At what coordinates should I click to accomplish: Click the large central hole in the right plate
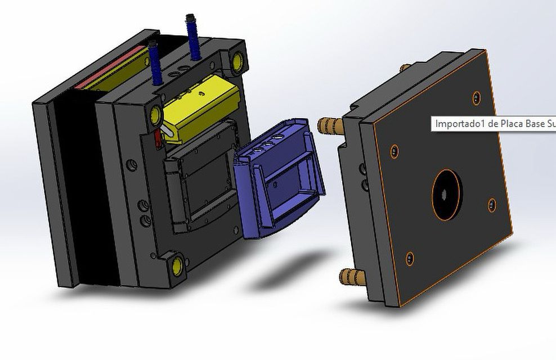(x=447, y=195)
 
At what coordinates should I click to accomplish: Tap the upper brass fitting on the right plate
(x=330, y=126)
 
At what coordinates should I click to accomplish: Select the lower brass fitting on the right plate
(x=352, y=277)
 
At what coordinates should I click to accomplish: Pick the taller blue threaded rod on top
(x=193, y=37)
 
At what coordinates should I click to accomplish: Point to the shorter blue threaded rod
(x=155, y=62)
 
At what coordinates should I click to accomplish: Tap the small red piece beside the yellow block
(x=158, y=138)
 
